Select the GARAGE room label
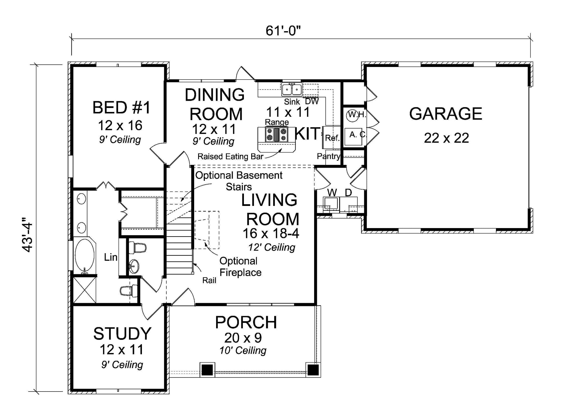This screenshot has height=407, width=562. pos(446,114)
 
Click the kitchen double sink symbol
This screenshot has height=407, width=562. pos(292,90)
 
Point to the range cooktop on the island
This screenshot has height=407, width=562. pos(277,134)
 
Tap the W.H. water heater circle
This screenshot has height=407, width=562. pos(353,115)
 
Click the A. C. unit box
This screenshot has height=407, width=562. pos(353,136)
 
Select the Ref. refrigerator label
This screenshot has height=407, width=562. pos(332,138)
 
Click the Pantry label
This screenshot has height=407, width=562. pos(328,156)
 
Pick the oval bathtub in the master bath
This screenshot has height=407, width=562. pos(85,255)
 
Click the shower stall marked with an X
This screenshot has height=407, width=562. pos(84,290)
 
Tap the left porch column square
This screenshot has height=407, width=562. pos(207,370)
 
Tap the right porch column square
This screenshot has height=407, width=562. pos(313,370)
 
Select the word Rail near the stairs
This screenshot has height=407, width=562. pos(209,280)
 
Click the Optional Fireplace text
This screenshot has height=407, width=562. pos(240,267)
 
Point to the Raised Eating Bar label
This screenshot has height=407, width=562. pos(230,156)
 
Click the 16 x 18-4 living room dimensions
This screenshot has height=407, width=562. pos(271,233)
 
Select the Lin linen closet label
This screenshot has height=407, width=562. pos(111,257)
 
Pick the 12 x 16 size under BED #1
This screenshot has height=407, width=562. pos(120,125)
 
